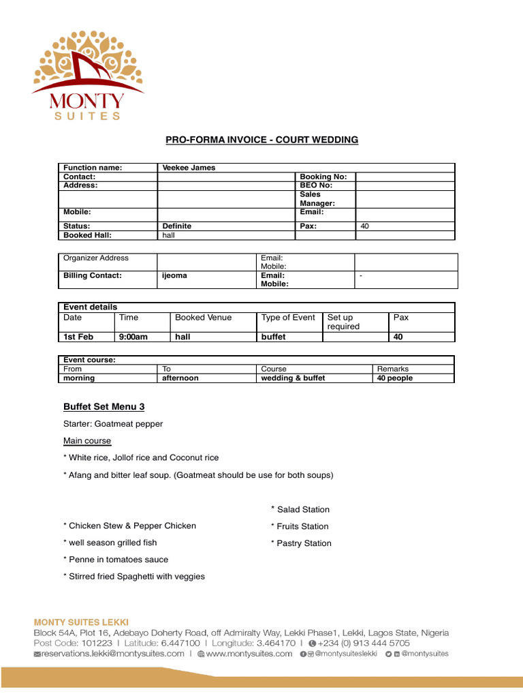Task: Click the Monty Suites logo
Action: click(88, 76)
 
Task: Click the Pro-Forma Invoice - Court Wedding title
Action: click(262, 140)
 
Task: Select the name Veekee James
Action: click(189, 168)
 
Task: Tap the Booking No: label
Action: click(323, 177)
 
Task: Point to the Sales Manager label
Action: click(317, 198)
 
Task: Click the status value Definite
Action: click(177, 226)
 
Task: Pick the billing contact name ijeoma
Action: click(174, 275)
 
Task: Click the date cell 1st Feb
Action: click(78, 337)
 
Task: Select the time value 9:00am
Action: click(133, 337)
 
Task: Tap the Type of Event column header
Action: click(288, 318)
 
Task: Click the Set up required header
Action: click(343, 322)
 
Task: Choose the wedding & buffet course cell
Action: click(293, 378)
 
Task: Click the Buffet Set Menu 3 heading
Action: click(104, 407)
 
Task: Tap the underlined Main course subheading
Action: click(87, 441)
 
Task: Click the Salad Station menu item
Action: click(302, 510)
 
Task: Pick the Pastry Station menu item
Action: click(304, 543)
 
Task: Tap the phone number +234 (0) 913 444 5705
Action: click(364, 643)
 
